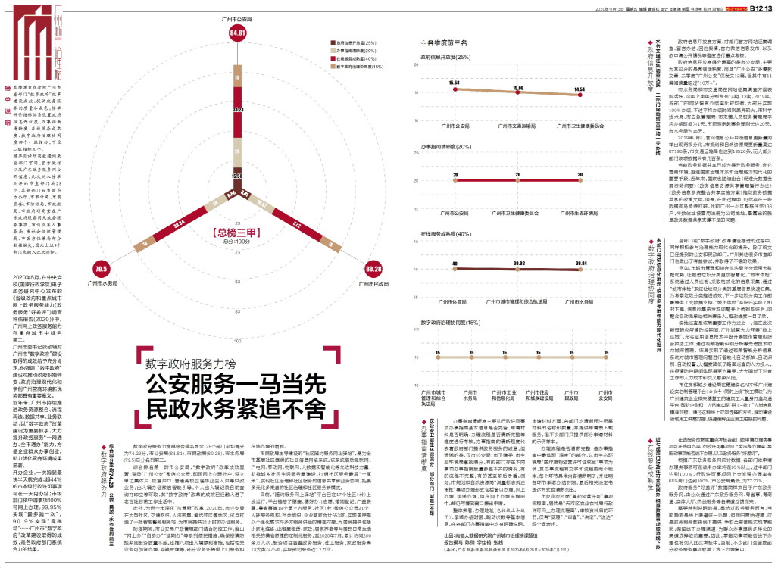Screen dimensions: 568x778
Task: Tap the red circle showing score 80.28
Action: [372, 269]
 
